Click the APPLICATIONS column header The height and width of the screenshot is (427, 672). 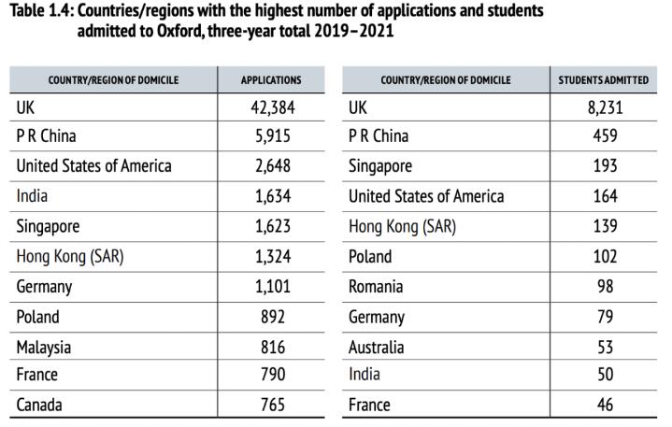click(x=271, y=80)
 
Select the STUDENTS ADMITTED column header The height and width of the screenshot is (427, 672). click(x=604, y=80)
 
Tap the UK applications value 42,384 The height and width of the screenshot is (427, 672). click(x=271, y=107)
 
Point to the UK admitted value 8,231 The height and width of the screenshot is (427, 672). click(x=604, y=107)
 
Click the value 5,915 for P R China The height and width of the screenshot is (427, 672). click(x=271, y=136)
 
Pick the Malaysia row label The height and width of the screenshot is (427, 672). click(x=43, y=348)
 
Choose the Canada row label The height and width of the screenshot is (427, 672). click(x=39, y=406)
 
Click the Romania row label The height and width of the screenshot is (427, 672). click(x=376, y=287)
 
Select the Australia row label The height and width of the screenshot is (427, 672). click(x=376, y=348)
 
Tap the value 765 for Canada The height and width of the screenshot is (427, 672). click(x=271, y=406)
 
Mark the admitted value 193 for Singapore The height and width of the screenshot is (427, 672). click(x=604, y=166)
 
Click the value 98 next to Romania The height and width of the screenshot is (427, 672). click(x=604, y=287)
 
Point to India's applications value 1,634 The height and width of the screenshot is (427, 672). click(x=271, y=196)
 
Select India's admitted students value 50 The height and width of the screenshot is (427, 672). click(x=604, y=376)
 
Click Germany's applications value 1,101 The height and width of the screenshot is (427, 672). click(x=271, y=287)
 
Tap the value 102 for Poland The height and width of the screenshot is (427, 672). click(x=604, y=256)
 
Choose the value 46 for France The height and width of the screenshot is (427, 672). click(x=604, y=406)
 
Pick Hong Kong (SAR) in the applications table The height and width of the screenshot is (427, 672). click(x=70, y=256)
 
